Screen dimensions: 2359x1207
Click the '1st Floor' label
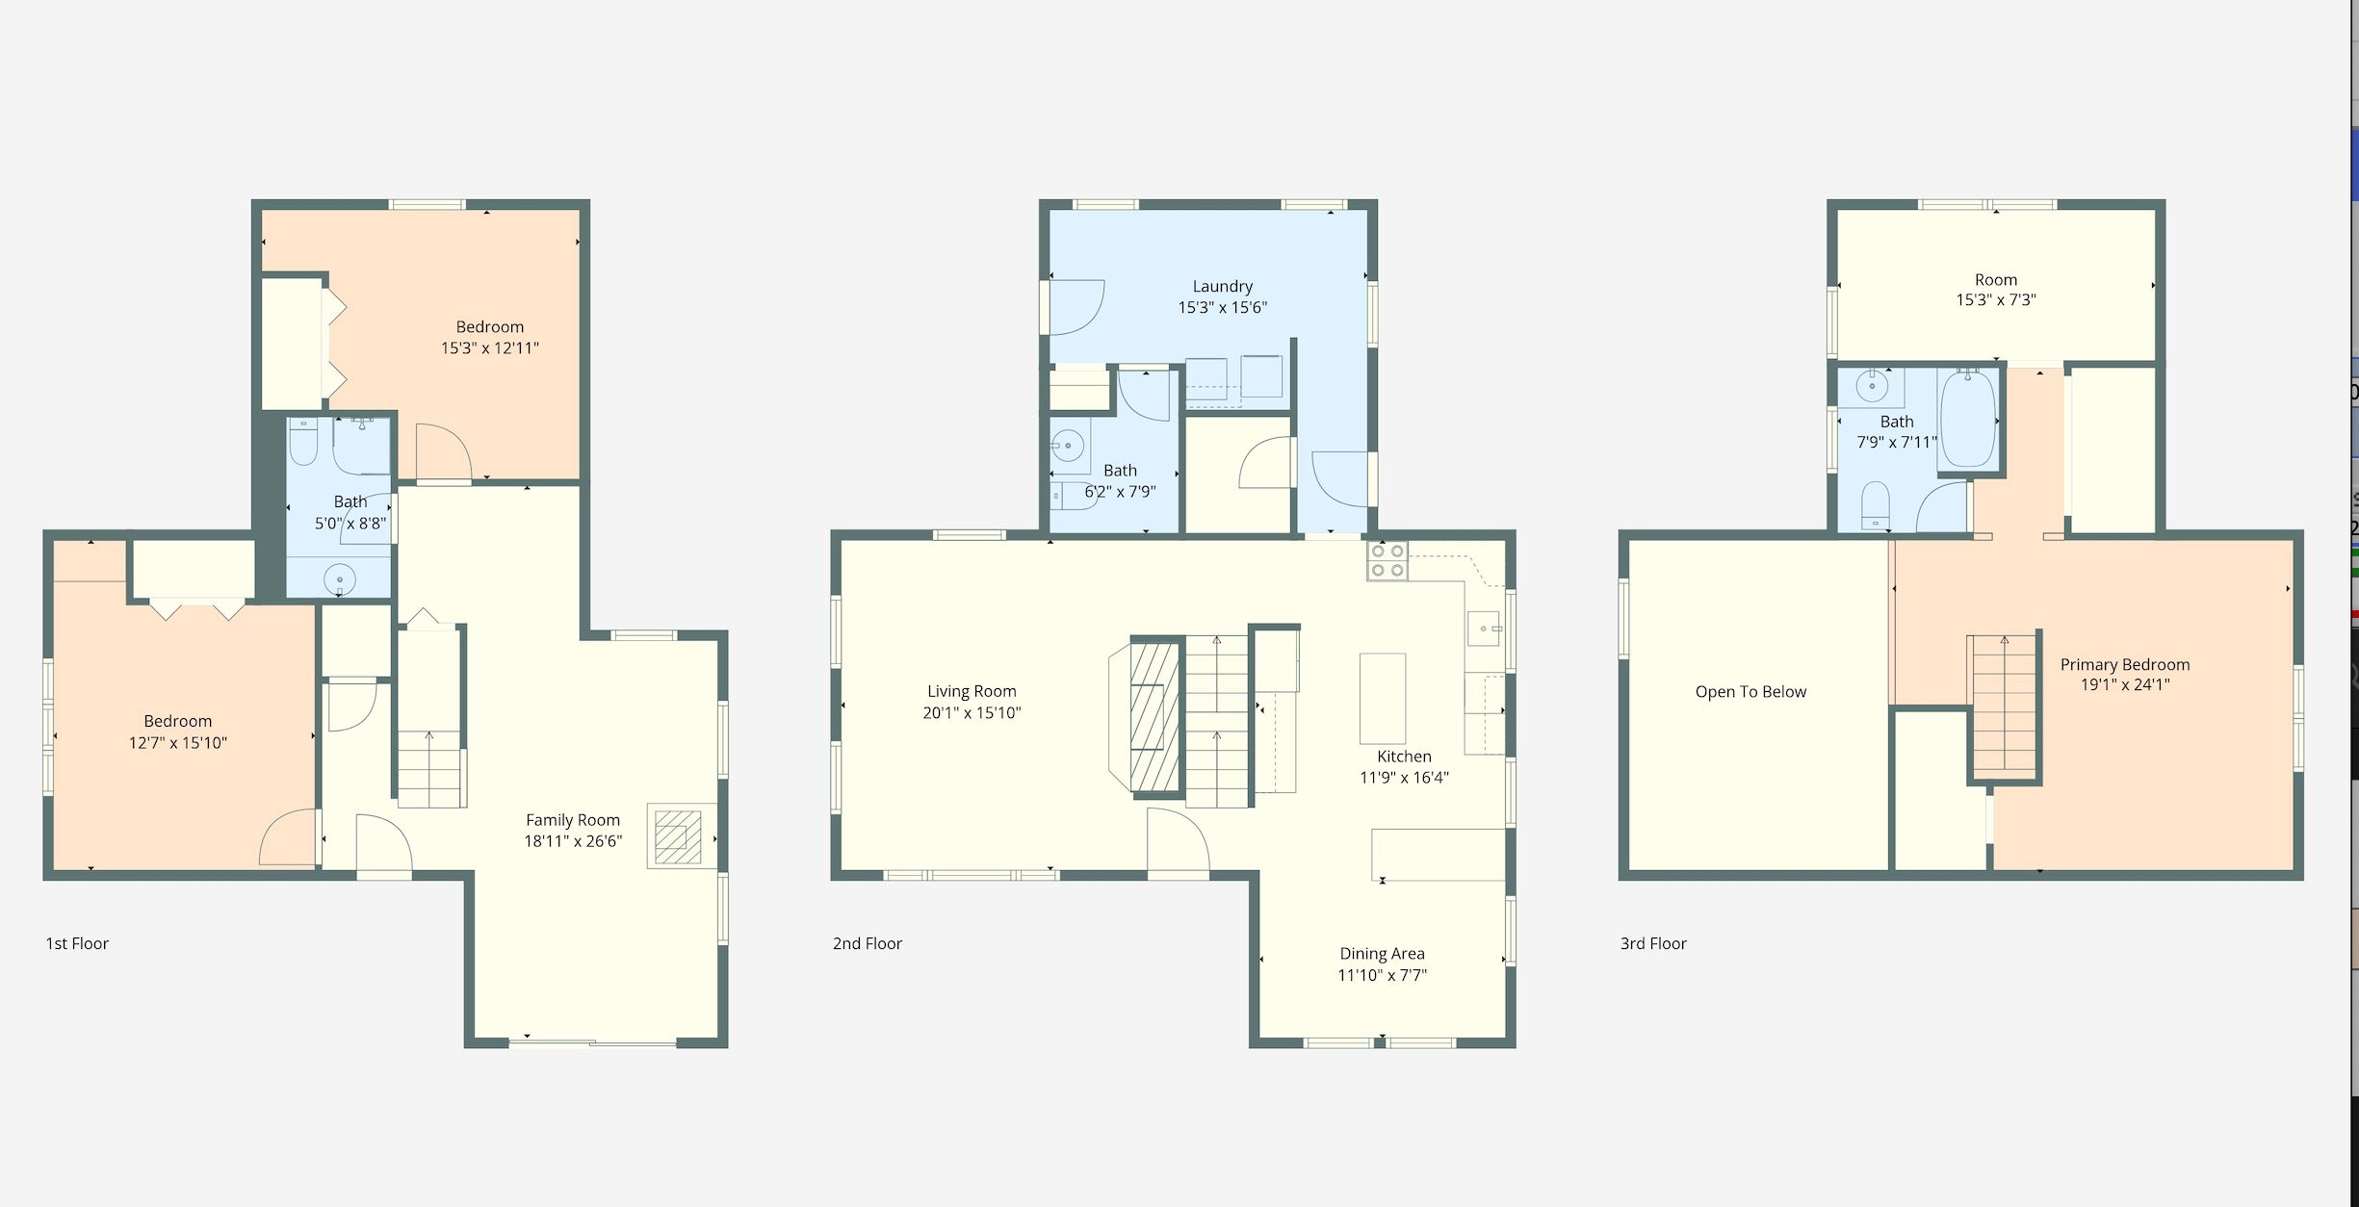(x=77, y=943)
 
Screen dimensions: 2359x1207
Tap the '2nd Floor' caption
(x=867, y=943)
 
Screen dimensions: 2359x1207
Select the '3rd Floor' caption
(x=1653, y=943)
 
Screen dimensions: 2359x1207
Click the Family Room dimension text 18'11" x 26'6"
(x=573, y=841)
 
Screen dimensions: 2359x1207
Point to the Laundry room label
(x=1223, y=286)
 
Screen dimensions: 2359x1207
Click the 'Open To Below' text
(x=1750, y=691)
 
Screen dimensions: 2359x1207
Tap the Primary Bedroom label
(x=2125, y=664)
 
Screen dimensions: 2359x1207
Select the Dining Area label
(x=1382, y=953)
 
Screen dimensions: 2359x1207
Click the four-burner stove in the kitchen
(x=1387, y=561)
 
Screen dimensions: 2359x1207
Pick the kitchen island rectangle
(x=1382, y=698)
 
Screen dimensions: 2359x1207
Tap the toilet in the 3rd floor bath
(x=1876, y=506)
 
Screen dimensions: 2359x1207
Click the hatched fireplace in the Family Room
(x=678, y=836)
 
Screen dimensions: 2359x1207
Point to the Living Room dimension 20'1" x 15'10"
(x=972, y=712)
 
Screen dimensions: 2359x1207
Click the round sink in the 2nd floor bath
(x=1068, y=446)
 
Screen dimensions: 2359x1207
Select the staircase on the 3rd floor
(x=2004, y=707)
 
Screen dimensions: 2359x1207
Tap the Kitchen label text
(x=1404, y=757)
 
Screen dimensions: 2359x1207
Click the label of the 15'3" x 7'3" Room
(x=1996, y=279)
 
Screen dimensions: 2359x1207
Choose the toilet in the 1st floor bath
(x=303, y=443)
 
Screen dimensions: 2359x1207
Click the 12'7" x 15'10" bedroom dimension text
(x=178, y=742)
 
